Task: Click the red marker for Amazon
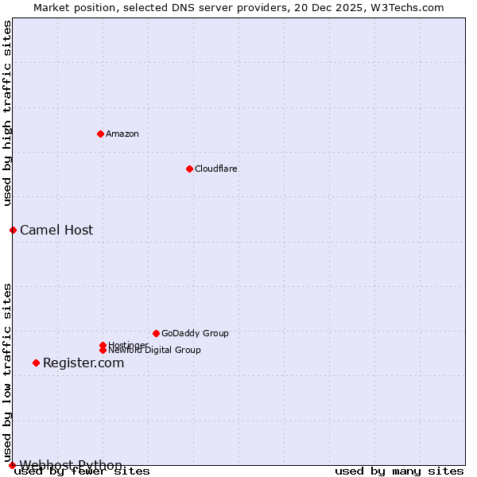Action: click(100, 134)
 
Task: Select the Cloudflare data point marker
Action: click(189, 169)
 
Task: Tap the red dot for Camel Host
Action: click(13, 230)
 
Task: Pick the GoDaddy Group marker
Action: click(156, 333)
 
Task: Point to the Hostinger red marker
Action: click(103, 345)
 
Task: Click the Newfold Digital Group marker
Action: click(103, 350)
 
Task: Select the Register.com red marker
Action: click(36, 363)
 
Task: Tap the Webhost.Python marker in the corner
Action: click(12, 465)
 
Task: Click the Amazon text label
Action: click(122, 134)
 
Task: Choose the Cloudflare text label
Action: click(216, 169)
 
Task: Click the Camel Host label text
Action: click(56, 230)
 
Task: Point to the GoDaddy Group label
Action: click(195, 333)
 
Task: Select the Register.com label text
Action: click(83, 363)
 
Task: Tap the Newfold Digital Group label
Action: click(155, 351)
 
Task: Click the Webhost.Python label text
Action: click(71, 464)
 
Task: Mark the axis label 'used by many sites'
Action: click(399, 471)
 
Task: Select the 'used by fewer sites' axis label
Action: click(82, 471)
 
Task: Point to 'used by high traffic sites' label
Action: click(7, 114)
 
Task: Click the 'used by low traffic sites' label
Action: click(7, 372)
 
